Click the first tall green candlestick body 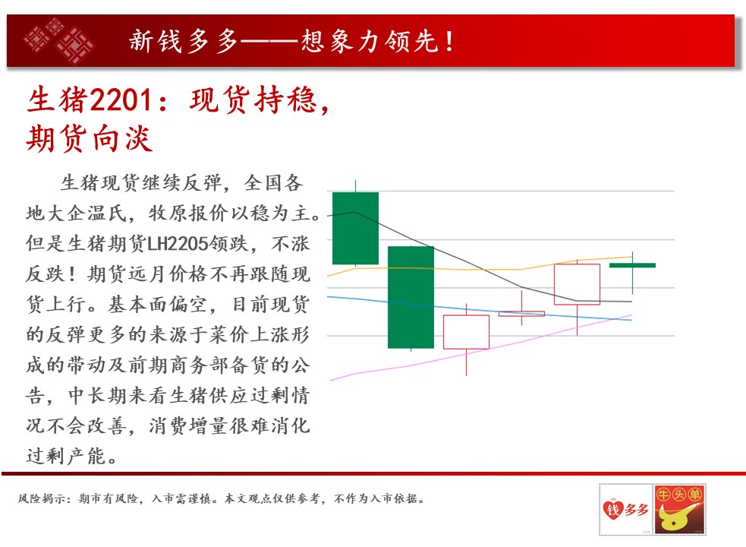pyautogui.click(x=355, y=228)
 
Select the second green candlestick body pyautogui.click(x=411, y=297)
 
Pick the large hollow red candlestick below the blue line pyautogui.click(x=466, y=332)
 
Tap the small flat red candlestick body pyautogui.click(x=521, y=314)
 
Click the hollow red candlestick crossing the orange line pyautogui.click(x=577, y=284)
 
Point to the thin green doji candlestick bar pyautogui.click(x=632, y=265)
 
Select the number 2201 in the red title pyautogui.click(x=121, y=100)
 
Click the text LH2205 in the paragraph pyautogui.click(x=178, y=243)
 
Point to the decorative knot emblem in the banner pyautogui.click(x=59, y=40)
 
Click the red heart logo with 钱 pyautogui.click(x=612, y=509)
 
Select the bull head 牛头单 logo pyautogui.click(x=679, y=509)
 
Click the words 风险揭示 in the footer pyautogui.click(x=42, y=499)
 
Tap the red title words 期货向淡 pyautogui.click(x=90, y=139)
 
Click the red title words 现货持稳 pyautogui.click(x=253, y=100)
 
